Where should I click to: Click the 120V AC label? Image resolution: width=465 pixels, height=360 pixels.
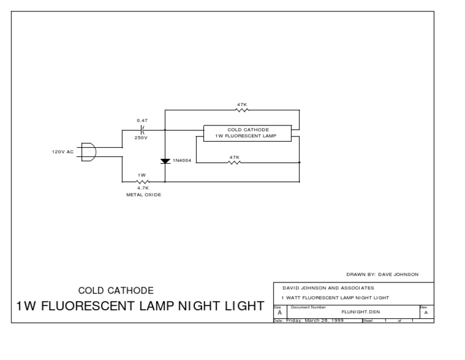(62, 152)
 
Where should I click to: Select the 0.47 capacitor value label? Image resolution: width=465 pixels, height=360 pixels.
(142, 121)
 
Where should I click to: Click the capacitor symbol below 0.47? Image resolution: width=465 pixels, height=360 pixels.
(142, 130)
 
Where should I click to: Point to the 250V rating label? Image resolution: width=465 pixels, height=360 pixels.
(141, 138)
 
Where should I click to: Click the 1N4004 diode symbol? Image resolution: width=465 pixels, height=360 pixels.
(165, 161)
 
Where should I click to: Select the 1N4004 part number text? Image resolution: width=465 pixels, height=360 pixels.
(182, 161)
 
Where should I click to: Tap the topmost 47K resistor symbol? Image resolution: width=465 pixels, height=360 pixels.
(242, 111)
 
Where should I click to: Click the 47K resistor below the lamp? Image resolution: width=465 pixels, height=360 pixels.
(234, 162)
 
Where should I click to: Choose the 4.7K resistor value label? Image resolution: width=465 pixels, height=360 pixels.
(143, 188)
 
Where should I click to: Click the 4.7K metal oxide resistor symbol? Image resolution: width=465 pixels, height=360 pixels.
(143, 181)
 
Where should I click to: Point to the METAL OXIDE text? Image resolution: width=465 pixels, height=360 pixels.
(143, 195)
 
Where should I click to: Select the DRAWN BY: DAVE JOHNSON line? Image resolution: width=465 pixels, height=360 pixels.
(382, 274)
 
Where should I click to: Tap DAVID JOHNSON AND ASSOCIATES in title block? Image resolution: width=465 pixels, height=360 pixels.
(328, 288)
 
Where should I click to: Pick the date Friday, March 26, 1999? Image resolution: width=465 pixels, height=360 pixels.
(315, 320)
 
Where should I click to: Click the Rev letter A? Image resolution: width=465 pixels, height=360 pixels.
(426, 313)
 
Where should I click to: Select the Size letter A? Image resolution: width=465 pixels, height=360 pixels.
(279, 313)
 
